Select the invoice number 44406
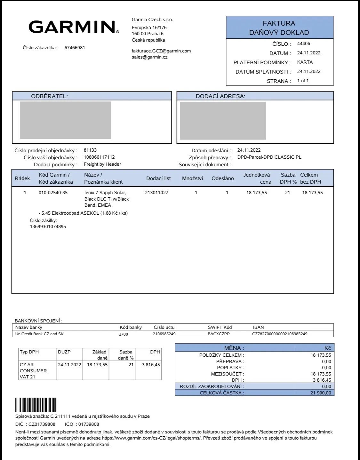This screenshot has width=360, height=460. coord(303,44)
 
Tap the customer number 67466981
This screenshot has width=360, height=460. coord(75,48)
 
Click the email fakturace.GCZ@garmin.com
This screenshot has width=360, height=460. coord(161,51)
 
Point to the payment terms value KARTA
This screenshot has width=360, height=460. coord(305,62)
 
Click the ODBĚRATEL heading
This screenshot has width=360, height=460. coord(49,96)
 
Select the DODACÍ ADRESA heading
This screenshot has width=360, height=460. coord(220,96)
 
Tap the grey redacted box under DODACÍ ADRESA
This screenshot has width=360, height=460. coord(223,121)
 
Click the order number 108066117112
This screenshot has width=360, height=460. coord(99,157)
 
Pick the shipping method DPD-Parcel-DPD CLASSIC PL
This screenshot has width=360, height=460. coord(269,157)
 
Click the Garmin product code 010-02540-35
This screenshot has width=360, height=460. coord(53,193)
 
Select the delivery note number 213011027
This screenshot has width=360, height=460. coord(156,193)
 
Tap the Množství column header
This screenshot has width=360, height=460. coord(192,178)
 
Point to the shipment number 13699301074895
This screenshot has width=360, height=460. coord(48,226)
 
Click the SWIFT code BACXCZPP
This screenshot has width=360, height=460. coord(219,334)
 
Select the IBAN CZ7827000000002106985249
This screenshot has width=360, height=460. coord(280,334)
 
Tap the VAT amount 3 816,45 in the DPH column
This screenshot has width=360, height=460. coord(151,365)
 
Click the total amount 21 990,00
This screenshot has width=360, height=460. coord(321,393)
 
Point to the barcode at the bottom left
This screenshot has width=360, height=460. coord(36,405)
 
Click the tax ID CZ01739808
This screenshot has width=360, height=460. coord(42,424)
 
